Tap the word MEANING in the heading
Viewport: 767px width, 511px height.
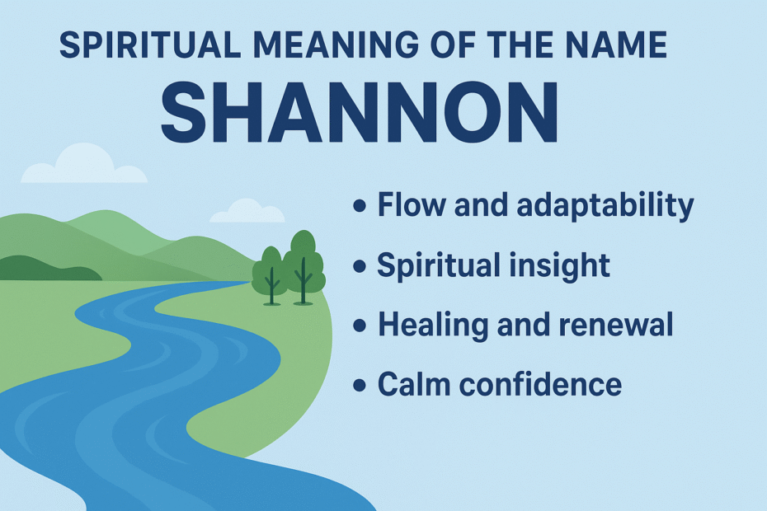coord(336,45)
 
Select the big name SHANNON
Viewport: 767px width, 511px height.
coord(360,112)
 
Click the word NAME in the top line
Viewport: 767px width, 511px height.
coord(619,45)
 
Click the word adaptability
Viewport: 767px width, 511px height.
coord(605,206)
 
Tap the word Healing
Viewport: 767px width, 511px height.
coord(433,326)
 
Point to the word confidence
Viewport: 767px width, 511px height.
coord(540,384)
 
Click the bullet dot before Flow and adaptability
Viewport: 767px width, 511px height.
coord(360,205)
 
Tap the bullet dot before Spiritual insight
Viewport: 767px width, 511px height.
coord(360,266)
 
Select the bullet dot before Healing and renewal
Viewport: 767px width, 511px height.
coord(360,326)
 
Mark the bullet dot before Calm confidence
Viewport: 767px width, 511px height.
coord(360,385)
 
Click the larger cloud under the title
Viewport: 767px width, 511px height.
coord(84,166)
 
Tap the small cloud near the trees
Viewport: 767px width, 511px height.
coord(247,211)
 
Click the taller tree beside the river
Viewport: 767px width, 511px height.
coord(304,266)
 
